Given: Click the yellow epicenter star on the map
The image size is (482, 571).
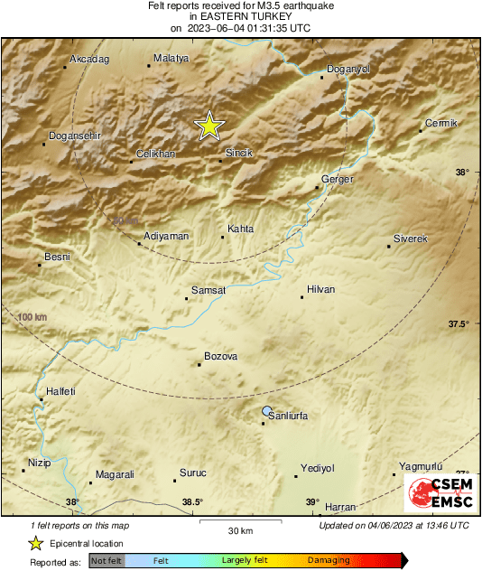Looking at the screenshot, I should click(x=209, y=126).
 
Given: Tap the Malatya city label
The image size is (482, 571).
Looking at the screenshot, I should click(x=171, y=58).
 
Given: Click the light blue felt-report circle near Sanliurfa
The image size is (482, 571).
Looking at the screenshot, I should click(x=266, y=411).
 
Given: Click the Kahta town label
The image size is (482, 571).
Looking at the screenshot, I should click(x=240, y=229).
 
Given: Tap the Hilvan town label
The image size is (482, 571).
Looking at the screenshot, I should click(x=320, y=289).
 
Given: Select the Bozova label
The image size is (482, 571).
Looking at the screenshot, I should click(x=220, y=357).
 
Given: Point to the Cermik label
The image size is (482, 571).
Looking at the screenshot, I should click(x=441, y=123).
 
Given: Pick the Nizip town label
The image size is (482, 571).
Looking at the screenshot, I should click(x=39, y=463).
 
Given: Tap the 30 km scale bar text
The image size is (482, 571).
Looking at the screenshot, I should click(x=240, y=529).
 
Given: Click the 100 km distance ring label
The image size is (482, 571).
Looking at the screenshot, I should click(x=32, y=317).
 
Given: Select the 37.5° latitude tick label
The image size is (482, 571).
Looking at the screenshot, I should click(x=460, y=323).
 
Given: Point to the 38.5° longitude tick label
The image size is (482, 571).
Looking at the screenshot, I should click(x=191, y=502).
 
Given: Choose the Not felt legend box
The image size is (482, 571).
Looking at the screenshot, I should click(x=107, y=561).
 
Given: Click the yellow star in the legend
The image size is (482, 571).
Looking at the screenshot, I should click(x=35, y=543).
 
